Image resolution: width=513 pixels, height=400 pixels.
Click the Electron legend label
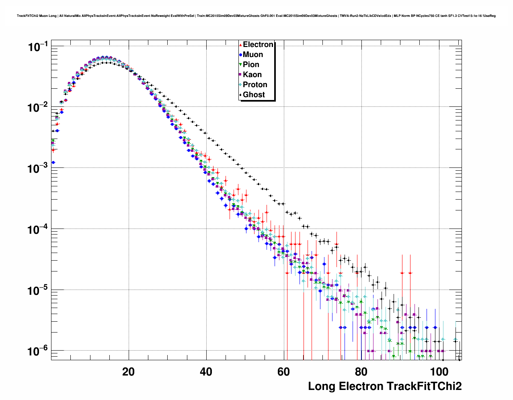[258, 45]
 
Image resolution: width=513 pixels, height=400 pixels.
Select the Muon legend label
[253, 55]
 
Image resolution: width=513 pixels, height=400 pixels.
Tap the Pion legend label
[251, 65]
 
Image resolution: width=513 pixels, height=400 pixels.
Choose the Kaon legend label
[252, 75]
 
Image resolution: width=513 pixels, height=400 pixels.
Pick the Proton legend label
[255, 85]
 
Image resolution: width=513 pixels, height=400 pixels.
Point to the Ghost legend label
[254, 95]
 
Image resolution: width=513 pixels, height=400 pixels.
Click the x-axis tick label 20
[129, 371]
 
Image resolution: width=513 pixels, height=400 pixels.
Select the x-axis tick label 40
[206, 371]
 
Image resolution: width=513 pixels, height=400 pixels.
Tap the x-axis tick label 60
[284, 371]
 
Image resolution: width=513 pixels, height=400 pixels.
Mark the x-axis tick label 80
[361, 371]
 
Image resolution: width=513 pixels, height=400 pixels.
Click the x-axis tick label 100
[439, 371]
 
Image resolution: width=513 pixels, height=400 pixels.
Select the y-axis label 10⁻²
[38, 108]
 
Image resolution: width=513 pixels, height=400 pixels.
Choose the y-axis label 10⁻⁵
[38, 290]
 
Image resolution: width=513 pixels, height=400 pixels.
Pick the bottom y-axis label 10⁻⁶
[38, 351]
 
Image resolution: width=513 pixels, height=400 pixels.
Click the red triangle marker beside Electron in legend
[240, 45]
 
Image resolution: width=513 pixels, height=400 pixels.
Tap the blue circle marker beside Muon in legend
[240, 55]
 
